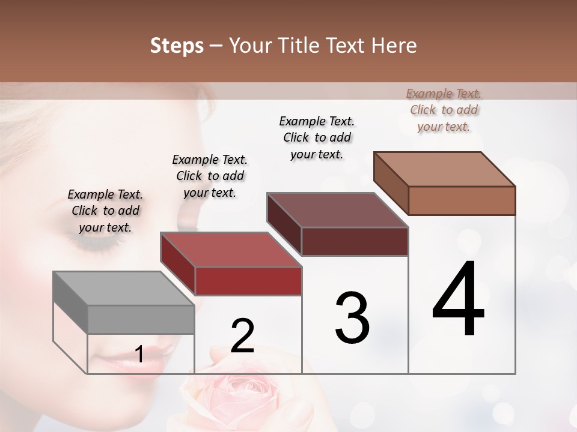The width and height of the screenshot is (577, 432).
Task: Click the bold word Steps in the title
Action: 177,46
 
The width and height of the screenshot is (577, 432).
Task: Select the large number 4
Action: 459,299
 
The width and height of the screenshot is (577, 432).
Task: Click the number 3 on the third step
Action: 352,318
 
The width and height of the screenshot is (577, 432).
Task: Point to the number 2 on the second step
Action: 242,336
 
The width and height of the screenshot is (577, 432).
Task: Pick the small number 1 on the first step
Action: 139,355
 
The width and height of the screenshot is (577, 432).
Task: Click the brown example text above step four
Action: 444,110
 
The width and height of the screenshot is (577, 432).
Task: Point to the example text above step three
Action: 317,137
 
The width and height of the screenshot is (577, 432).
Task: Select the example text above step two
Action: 210,176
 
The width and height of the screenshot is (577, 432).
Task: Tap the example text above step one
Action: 105,211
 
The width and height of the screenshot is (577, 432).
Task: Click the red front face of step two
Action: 248,281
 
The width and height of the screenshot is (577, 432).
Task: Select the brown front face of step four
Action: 462,200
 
